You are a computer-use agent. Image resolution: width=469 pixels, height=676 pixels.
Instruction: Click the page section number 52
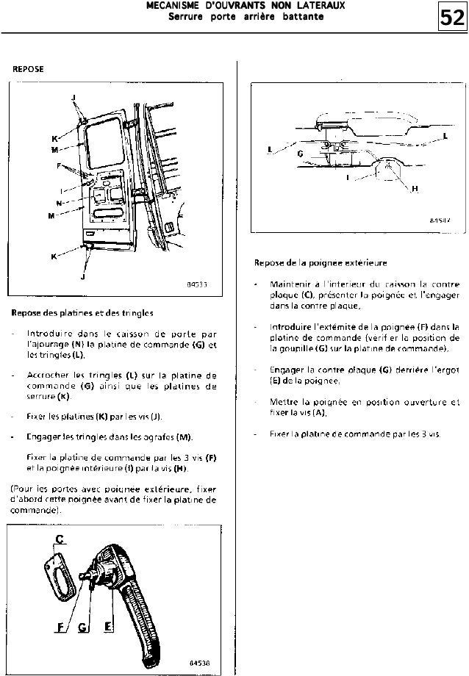point(452,16)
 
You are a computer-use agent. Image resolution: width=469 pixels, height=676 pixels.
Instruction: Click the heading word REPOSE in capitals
point(28,69)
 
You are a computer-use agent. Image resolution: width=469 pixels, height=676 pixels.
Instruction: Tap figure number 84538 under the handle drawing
point(198,662)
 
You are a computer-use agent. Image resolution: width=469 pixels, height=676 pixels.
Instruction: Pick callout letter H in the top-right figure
point(415,189)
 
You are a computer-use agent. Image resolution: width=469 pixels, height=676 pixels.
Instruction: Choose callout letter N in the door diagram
point(59,202)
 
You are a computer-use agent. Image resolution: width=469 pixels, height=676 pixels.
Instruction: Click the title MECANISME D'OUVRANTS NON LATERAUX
point(235,5)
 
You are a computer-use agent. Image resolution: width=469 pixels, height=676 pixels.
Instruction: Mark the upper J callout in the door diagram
point(73,98)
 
